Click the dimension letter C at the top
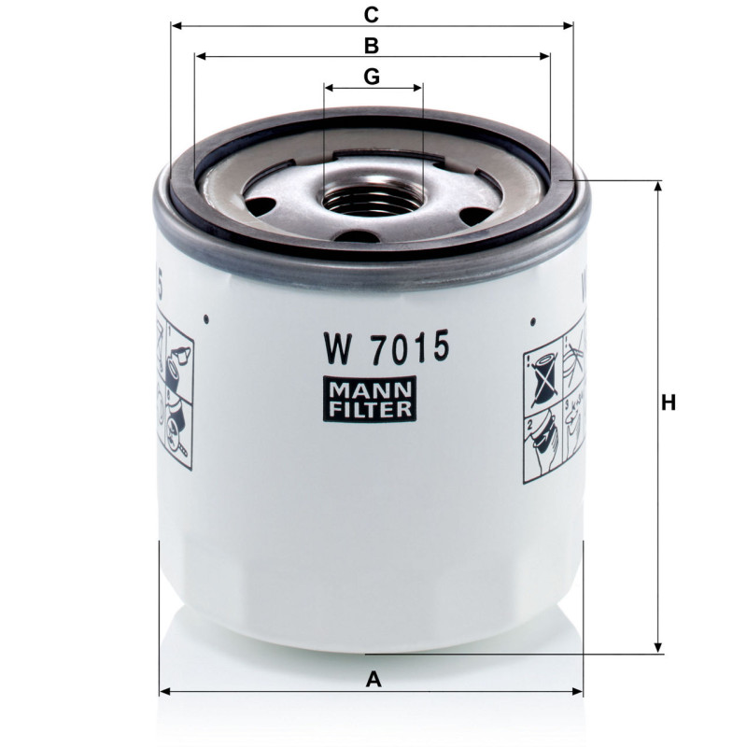371,15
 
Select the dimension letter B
371,46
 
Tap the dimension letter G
372,77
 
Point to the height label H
669,403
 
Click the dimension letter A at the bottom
373,680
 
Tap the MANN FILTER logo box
370,399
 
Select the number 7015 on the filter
409,346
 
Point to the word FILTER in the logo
370,410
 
